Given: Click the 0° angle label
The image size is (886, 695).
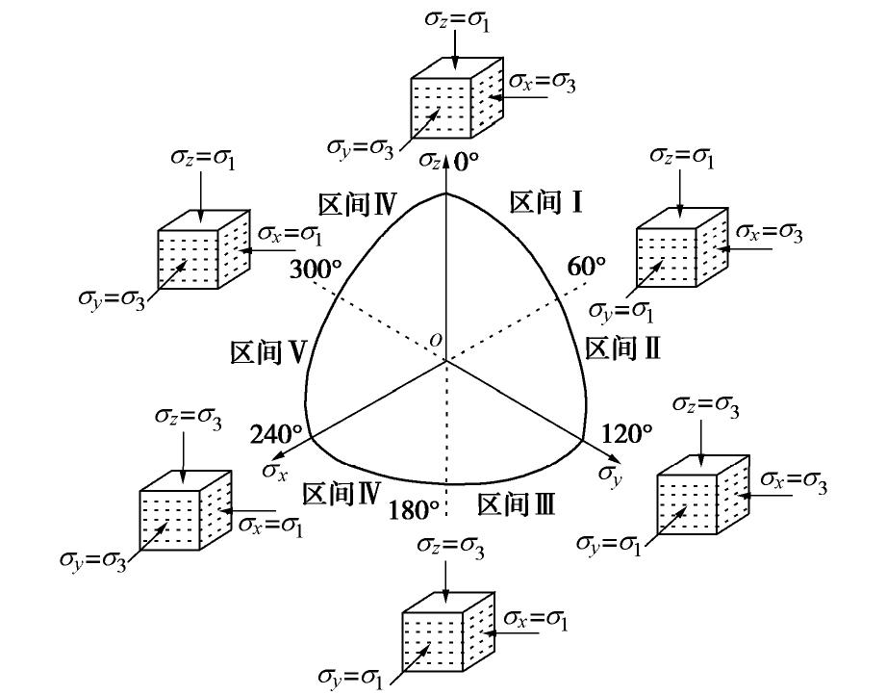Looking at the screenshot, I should pyautogui.click(x=466, y=162).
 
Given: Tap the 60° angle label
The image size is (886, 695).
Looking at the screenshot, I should pyautogui.click(x=587, y=267).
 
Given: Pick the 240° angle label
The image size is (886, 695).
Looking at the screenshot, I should pyautogui.click(x=276, y=434).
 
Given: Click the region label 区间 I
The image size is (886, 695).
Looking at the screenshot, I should pyautogui.click(x=546, y=202).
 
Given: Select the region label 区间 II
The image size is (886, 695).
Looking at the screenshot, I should pyautogui.click(x=622, y=348).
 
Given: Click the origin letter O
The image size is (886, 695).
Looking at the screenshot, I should pyautogui.click(x=436, y=340).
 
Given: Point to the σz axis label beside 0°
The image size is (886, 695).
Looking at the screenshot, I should pyautogui.click(x=434, y=161).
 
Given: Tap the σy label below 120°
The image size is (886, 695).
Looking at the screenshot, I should pyautogui.click(x=608, y=472).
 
